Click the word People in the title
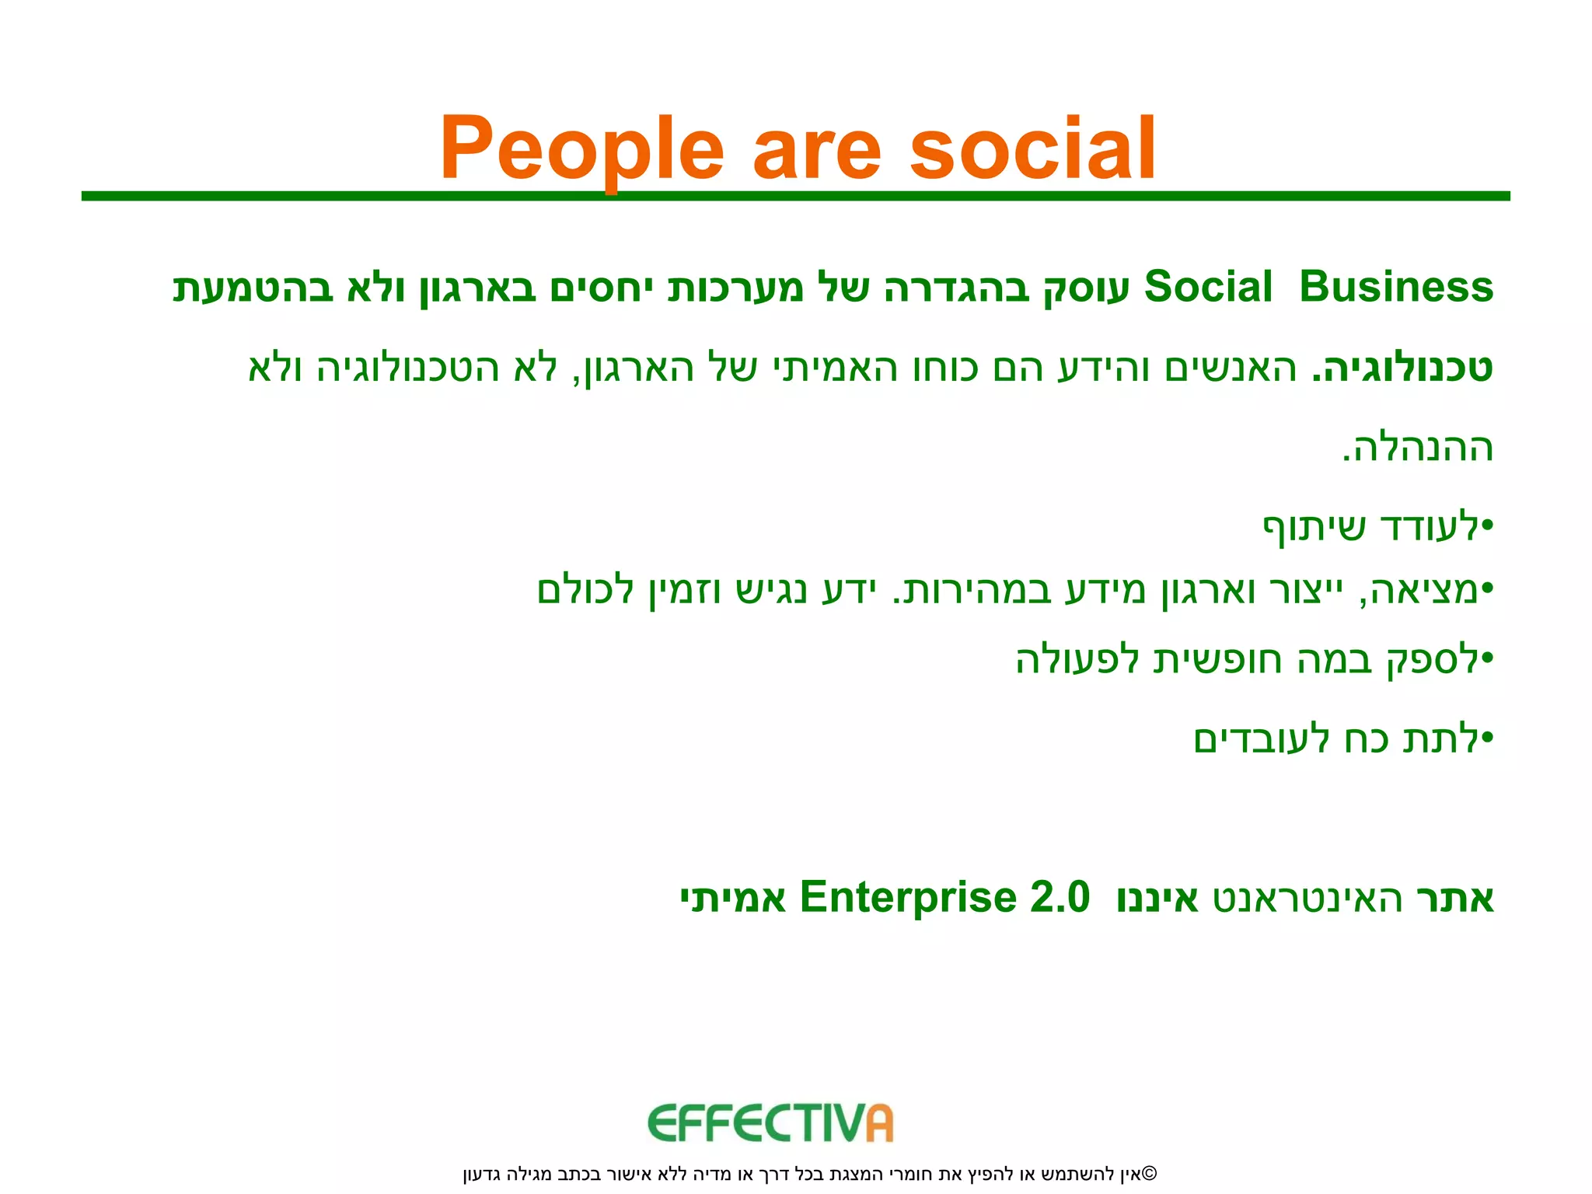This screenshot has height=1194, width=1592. pos(581,148)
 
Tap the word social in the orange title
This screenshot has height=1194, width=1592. pos(1032,148)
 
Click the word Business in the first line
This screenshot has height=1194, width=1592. pos(1396,287)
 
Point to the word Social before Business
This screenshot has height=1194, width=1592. pos(1208,287)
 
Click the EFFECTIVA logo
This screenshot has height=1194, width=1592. pos(770,1123)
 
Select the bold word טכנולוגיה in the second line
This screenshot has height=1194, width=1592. pos(1404,368)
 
